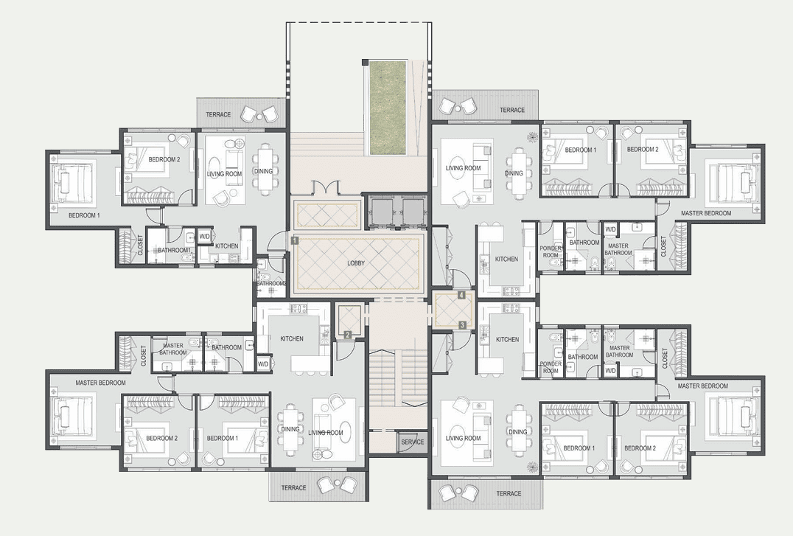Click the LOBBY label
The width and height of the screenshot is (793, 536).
pyautogui.click(x=356, y=263)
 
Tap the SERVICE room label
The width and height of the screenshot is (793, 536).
pyautogui.click(x=412, y=442)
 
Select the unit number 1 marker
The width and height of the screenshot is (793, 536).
pyautogui.click(x=295, y=241)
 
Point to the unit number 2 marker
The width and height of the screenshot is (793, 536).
pyautogui.click(x=347, y=335)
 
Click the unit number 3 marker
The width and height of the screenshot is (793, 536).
pyautogui.click(x=462, y=325)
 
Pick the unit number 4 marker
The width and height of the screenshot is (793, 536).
pyautogui.click(x=461, y=295)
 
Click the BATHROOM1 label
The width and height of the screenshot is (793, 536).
pyautogui.click(x=174, y=251)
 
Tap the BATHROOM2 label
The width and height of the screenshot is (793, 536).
pyautogui.click(x=271, y=283)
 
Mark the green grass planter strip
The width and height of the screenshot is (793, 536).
pyautogui.click(x=388, y=108)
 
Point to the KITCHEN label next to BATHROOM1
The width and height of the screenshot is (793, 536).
pyautogui.click(x=226, y=246)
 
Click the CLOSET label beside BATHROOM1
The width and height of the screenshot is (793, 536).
pyautogui.click(x=141, y=245)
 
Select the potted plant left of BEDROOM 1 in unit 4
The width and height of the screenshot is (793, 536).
pyautogui.click(x=532, y=136)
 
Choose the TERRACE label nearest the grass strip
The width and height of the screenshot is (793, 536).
pyautogui.click(x=512, y=110)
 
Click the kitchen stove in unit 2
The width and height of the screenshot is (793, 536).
pyautogui.click(x=298, y=308)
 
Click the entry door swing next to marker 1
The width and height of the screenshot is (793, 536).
pyautogui.click(x=276, y=241)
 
